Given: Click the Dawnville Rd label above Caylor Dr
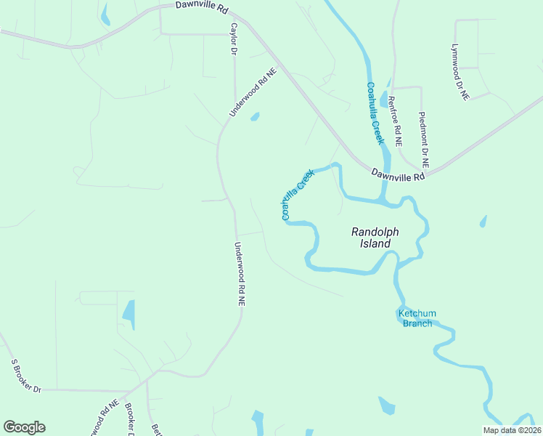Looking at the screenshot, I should pyautogui.click(x=202, y=7).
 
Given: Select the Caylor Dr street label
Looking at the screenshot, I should pyautogui.click(x=234, y=39).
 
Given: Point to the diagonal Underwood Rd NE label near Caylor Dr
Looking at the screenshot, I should pyautogui.click(x=253, y=92).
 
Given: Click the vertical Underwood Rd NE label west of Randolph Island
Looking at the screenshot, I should pyautogui.click(x=240, y=274).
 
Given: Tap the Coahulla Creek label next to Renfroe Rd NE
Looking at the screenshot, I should pyautogui.click(x=375, y=113).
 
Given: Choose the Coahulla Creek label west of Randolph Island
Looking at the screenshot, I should pyautogui.click(x=297, y=194).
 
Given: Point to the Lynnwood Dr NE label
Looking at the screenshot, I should pyautogui.click(x=460, y=72).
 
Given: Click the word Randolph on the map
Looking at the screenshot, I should pyautogui.click(x=375, y=232).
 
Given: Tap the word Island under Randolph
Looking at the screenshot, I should pyautogui.click(x=375, y=244).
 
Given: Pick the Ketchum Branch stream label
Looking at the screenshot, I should pyautogui.click(x=417, y=318).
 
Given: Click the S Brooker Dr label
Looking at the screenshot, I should pyautogui.click(x=25, y=375).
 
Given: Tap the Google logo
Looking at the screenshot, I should pyautogui.click(x=24, y=427).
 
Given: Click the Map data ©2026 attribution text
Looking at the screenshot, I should pyautogui.click(x=512, y=430).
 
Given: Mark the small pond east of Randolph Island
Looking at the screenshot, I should pyautogui.click(x=483, y=221).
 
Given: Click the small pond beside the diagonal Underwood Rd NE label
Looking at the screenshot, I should pyautogui.click(x=255, y=116).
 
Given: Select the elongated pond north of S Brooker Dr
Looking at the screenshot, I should pyautogui.click(x=129, y=314).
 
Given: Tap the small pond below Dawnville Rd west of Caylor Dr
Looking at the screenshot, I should pyautogui.click(x=106, y=15).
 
